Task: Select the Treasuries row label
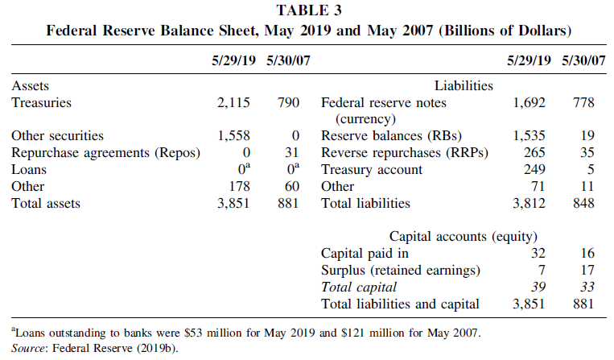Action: [x=42, y=102]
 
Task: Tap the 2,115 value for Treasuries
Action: [x=234, y=102]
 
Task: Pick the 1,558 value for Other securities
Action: [x=234, y=136]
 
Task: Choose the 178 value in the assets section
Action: [x=240, y=187]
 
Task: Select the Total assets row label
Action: [x=46, y=204]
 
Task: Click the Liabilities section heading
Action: [x=464, y=85]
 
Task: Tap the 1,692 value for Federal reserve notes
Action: [x=530, y=102]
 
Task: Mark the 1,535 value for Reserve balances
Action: [x=530, y=136]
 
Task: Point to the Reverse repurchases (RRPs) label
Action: [x=394, y=153]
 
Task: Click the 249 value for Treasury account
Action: [x=534, y=170]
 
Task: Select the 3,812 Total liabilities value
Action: [x=530, y=204]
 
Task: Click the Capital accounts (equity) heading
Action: [x=464, y=237]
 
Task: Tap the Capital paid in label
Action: [x=365, y=254]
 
